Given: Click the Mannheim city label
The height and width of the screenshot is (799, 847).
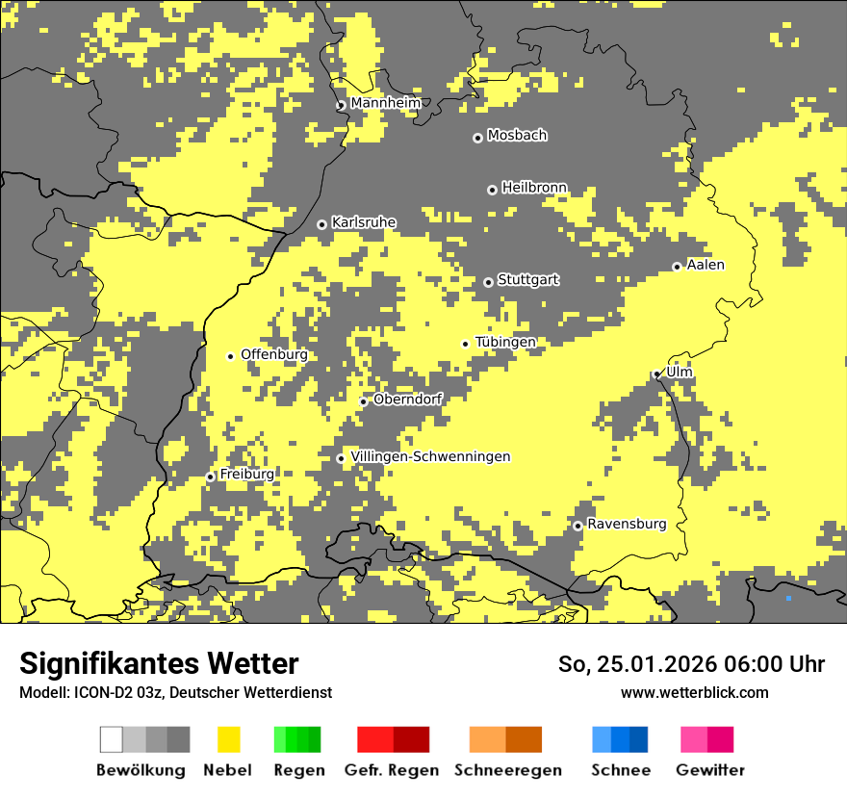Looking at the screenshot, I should coord(385,103).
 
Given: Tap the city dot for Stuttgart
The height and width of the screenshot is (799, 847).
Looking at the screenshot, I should coord(488,282).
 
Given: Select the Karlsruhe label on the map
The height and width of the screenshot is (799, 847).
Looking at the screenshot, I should coord(364,222).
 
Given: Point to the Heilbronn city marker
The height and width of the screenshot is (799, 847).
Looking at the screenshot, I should coord(492,190).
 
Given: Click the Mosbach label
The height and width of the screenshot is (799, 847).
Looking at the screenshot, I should coord(517,136).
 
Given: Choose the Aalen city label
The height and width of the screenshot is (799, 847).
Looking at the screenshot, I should coord(706,265).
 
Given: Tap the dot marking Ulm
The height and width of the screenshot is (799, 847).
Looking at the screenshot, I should coord(656,374).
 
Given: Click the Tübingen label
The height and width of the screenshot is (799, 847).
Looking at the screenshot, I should coord(505,342).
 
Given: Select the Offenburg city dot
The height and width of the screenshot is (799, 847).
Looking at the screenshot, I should coord(230,356).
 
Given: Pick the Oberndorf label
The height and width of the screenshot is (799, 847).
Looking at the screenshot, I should coord(407,399).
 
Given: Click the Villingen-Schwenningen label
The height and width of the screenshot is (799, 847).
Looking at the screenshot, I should coord(430,456).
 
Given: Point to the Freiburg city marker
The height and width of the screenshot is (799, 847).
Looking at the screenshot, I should coord(210,477).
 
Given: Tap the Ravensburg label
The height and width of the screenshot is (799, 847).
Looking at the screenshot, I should coord(627,524).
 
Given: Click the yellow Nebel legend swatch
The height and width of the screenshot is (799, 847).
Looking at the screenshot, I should coord(228,739).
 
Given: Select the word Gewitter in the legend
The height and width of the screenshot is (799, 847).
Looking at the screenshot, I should coord(710,770).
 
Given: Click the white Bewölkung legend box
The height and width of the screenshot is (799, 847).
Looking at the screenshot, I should coord(112,739).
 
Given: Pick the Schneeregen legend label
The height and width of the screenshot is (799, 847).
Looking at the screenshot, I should coord(508,770).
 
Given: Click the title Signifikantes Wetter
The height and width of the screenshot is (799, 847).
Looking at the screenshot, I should coord(159,663).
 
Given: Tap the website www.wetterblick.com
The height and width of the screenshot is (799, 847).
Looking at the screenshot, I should coord(694,692).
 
